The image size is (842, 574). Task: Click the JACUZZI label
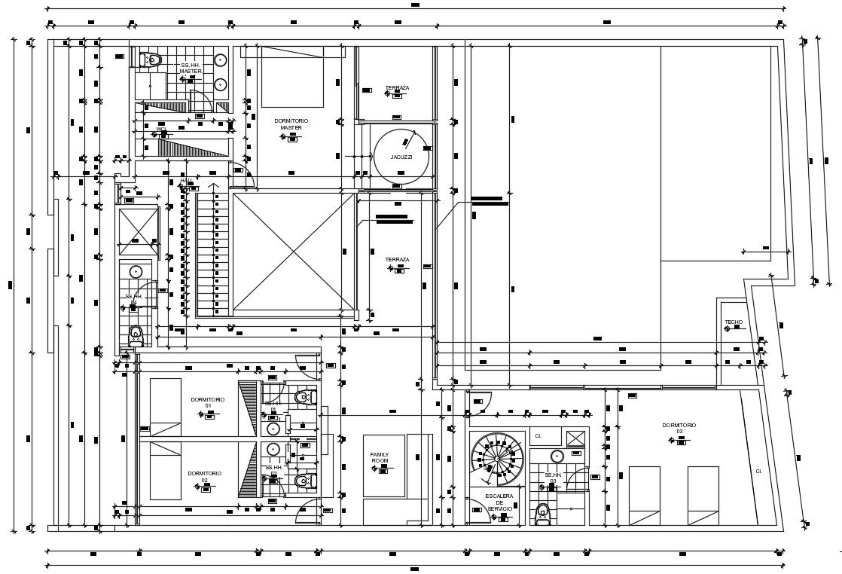point(401,157)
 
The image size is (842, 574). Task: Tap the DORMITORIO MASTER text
point(291,124)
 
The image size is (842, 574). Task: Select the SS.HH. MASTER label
point(190,68)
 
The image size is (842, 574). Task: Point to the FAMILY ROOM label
point(380,457)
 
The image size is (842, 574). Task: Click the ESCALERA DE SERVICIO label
point(499,502)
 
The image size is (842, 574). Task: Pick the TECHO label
point(734,322)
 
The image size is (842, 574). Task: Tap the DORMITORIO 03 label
point(679,428)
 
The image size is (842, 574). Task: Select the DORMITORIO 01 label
point(206,402)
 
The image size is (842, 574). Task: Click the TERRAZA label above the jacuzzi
point(397,88)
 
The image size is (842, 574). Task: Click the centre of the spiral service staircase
point(497,457)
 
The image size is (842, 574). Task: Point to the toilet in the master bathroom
point(151,59)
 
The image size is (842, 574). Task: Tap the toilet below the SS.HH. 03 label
point(542,514)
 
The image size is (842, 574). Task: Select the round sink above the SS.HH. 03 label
point(557,456)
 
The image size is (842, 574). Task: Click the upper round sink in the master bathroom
point(220,60)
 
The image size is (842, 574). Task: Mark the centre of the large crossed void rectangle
point(293,252)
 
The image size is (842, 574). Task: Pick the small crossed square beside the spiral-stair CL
point(575,438)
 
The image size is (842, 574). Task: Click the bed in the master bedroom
point(292,77)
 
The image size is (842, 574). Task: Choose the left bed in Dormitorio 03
point(644,495)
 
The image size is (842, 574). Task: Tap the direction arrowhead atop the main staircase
point(214,185)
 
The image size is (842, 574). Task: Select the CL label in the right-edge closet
point(758,472)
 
